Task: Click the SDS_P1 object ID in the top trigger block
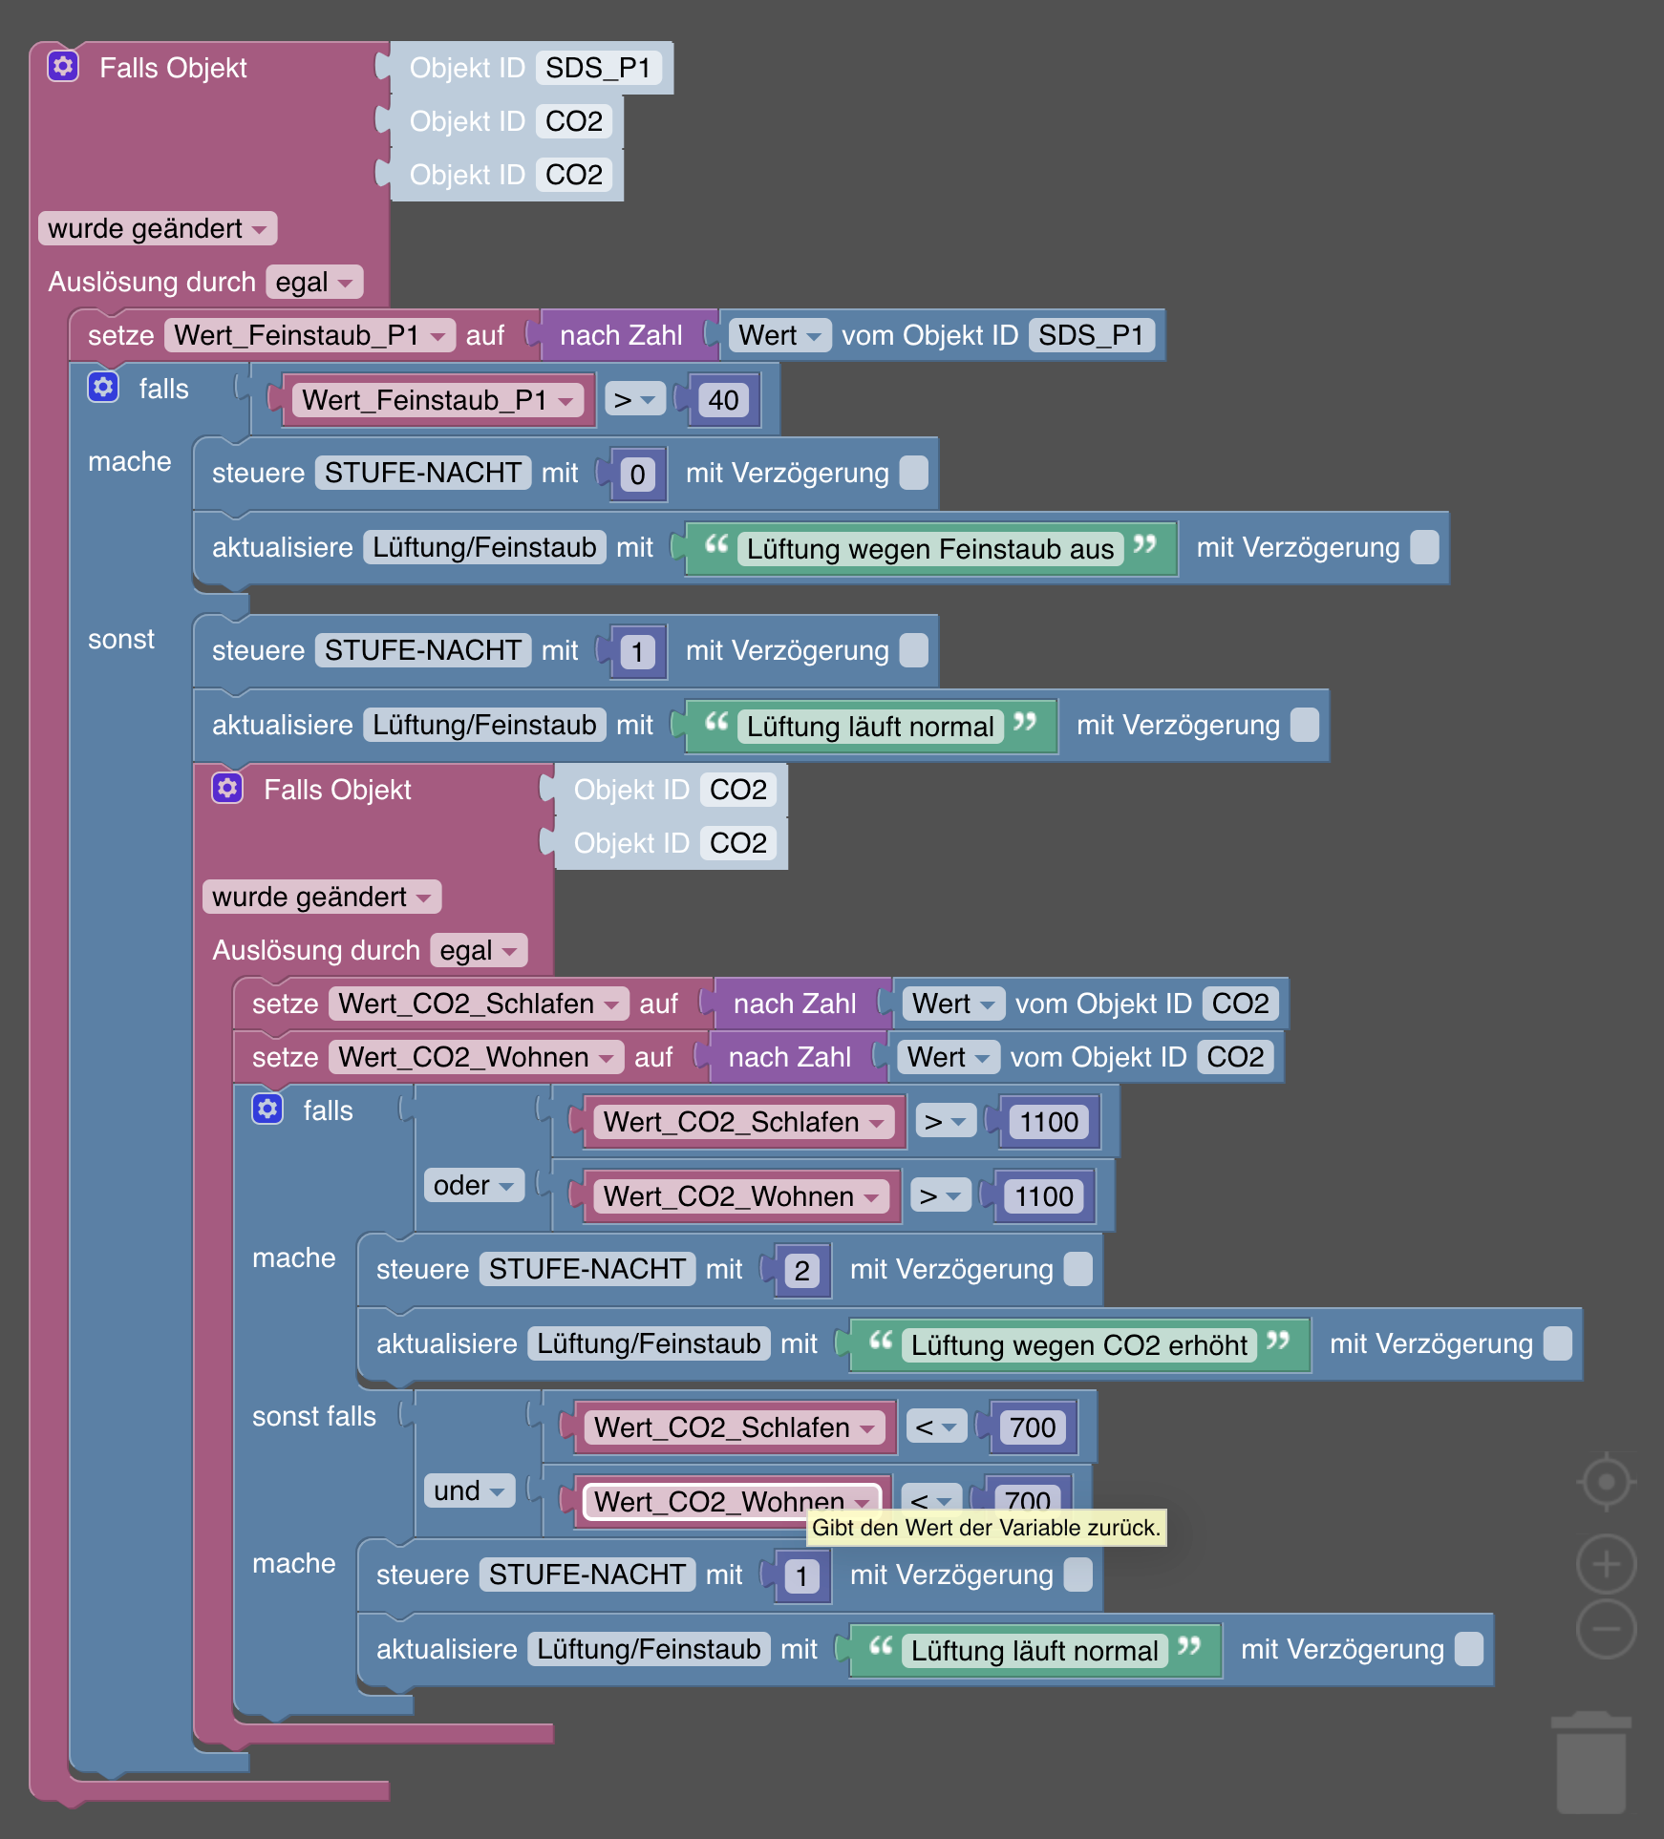[x=598, y=68]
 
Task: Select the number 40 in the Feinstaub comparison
[x=723, y=400]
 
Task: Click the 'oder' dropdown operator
[x=474, y=1185]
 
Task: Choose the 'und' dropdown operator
[x=469, y=1490]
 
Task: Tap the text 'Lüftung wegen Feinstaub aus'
[x=930, y=549]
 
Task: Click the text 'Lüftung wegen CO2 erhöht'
[x=1079, y=1345]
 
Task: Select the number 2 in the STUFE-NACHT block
[x=801, y=1271]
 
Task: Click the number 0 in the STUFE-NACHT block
[x=637, y=475]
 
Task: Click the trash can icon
[x=1591, y=1763]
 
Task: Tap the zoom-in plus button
[x=1607, y=1564]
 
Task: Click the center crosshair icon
[x=1607, y=1482]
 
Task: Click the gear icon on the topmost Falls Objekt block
[x=63, y=66]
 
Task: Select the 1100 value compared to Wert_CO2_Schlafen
[x=1049, y=1122]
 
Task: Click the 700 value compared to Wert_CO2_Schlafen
[x=1033, y=1427]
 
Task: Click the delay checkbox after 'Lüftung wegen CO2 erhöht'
[x=1558, y=1343]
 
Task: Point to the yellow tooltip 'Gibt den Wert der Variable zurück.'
[x=986, y=1528]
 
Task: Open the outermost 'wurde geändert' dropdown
[x=158, y=228]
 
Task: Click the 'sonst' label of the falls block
[x=121, y=639]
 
